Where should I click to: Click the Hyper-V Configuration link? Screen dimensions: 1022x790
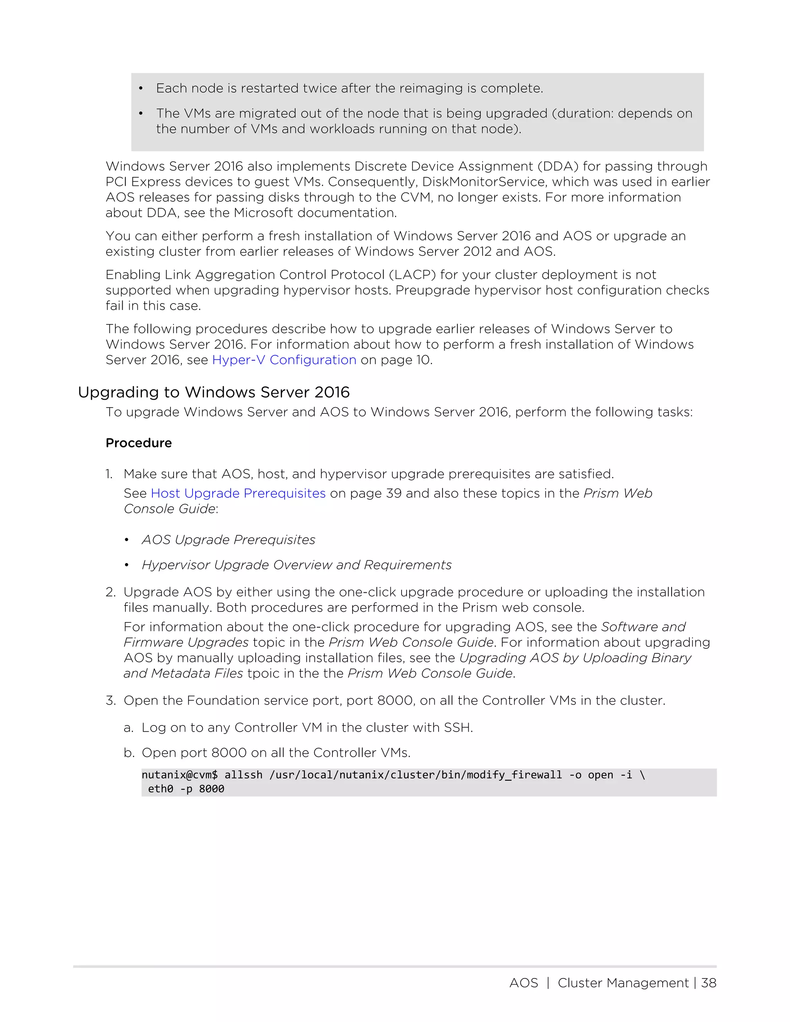284,360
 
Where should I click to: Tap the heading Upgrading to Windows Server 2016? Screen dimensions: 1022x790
213,392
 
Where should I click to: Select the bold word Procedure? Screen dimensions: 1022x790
138,443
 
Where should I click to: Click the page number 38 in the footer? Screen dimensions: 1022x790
709,983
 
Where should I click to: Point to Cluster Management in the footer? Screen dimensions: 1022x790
623,983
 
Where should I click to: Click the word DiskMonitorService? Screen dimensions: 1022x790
483,182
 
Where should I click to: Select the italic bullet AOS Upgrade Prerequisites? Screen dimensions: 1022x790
228,540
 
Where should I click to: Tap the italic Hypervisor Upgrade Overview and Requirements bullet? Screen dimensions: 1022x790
297,565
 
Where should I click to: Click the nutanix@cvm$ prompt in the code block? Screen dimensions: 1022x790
179,775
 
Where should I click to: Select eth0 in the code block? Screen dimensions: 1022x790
160,789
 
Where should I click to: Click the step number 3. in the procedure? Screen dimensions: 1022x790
110,700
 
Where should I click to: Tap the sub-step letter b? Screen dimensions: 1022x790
129,752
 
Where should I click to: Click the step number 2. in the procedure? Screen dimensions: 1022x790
110,592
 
